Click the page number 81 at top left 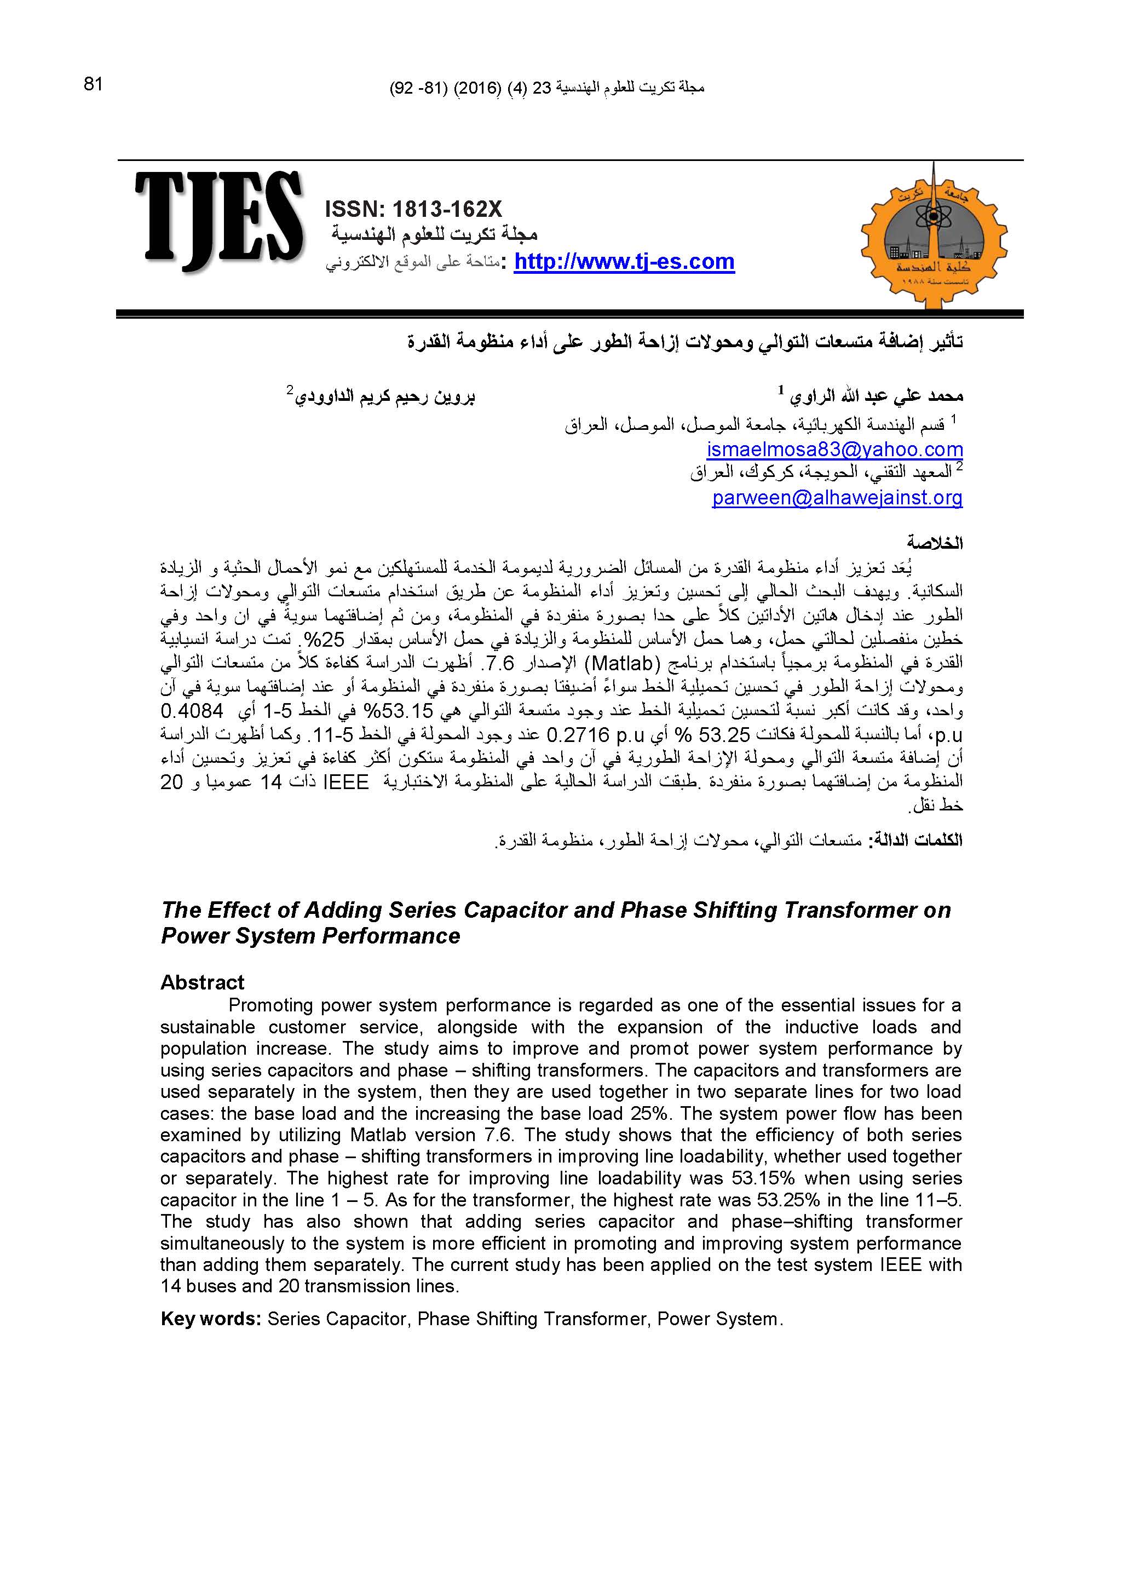[93, 84]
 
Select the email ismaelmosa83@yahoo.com [834, 450]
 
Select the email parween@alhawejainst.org [837, 497]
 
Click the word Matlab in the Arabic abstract [623, 664]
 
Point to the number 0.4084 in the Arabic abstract [192, 711]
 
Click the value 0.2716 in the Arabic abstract [578, 734]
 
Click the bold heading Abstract [202, 982]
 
